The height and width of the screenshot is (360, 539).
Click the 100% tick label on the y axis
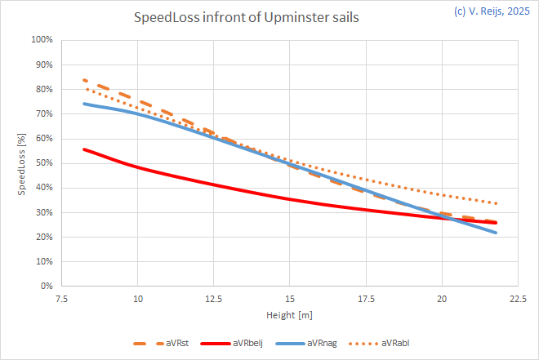point(42,39)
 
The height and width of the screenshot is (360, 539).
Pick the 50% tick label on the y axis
point(45,163)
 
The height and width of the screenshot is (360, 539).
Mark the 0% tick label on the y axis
point(47,287)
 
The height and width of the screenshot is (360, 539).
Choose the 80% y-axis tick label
point(45,89)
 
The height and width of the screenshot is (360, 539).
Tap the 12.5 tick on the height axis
point(213,299)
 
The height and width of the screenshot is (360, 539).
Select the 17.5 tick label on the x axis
point(365,299)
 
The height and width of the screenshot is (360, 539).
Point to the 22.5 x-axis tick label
point(516,299)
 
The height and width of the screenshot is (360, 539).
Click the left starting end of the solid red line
point(83,149)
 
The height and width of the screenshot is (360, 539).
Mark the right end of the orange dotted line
point(497,203)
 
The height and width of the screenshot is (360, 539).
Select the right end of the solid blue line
point(497,233)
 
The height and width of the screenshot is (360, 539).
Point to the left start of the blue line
point(83,103)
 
